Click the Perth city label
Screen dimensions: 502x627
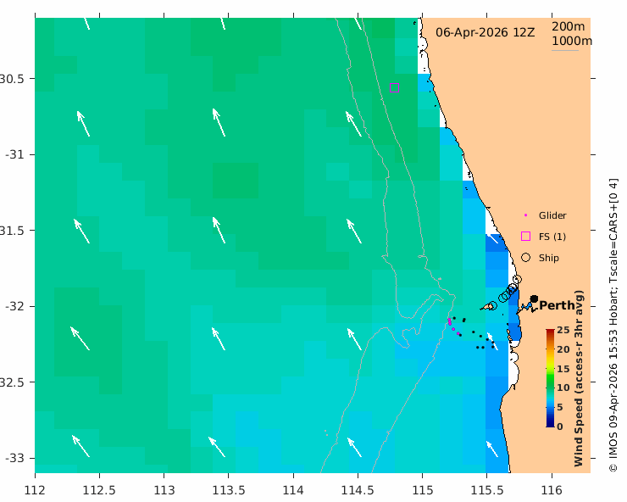point(557,306)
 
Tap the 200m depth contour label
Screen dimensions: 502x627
point(568,26)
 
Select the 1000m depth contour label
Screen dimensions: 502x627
point(571,41)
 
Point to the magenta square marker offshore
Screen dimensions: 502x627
point(394,88)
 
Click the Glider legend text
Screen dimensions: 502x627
point(552,215)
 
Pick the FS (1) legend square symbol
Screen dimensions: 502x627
point(525,236)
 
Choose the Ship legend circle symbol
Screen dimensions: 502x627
point(525,257)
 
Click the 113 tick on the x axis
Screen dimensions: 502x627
point(164,490)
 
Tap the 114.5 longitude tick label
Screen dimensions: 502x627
point(358,490)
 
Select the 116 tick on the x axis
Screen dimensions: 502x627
point(552,490)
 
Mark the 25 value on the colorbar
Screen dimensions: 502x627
point(562,330)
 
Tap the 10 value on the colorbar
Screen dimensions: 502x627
point(562,388)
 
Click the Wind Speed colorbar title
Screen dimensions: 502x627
point(580,377)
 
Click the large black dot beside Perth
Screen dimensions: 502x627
point(534,298)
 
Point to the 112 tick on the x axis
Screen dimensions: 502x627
point(35,490)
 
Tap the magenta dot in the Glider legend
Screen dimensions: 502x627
point(525,215)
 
